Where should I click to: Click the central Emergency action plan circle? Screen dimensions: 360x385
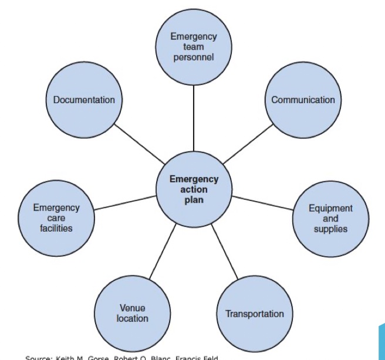[194, 189]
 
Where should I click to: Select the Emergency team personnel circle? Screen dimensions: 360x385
[194, 47]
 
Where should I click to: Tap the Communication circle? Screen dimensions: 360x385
[303, 100]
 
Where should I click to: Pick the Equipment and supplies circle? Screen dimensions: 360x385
[330, 218]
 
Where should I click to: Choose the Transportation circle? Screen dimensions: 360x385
[255, 314]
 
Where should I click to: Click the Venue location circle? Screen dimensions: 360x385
[133, 314]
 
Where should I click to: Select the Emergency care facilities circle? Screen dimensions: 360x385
[56, 218]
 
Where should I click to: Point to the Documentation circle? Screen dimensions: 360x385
[84, 100]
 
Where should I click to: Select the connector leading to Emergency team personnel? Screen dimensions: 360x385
[194, 117]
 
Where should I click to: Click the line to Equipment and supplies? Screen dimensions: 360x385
[262, 203]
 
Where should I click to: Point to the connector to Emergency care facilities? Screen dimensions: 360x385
[124, 203]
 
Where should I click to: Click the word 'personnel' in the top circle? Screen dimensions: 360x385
[194, 57]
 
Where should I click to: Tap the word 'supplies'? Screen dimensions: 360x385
[330, 229]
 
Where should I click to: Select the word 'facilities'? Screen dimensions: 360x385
[56, 228]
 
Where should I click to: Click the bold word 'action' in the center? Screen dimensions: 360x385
[194, 189]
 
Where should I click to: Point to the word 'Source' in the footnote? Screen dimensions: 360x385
[38, 357]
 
